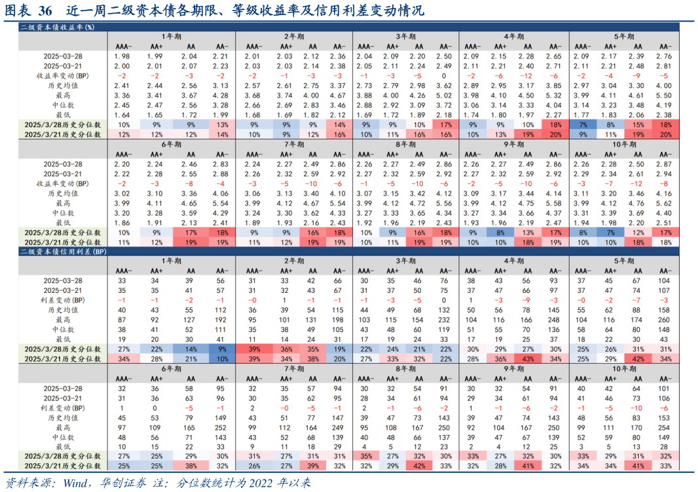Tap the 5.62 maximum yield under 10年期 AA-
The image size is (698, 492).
click(663, 204)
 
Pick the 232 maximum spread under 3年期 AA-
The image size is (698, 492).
click(444, 320)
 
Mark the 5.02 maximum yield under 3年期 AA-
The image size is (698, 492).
click(444, 95)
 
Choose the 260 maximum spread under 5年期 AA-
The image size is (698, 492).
click(663, 320)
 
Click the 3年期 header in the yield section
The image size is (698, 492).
click(406, 37)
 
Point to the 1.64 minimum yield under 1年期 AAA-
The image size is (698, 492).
click(122, 115)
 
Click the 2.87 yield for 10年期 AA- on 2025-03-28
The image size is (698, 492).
click(663, 164)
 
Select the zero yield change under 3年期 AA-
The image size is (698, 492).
click(444, 75)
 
